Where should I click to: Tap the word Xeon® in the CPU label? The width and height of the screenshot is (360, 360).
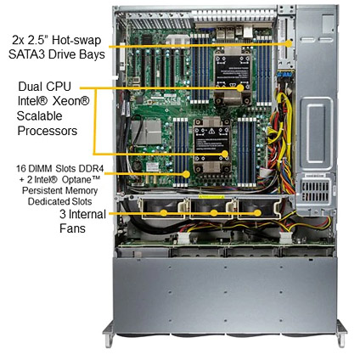coord(70,101)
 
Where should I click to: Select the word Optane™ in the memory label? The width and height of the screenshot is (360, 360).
coord(82,180)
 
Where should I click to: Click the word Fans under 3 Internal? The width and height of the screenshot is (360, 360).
coord(72,228)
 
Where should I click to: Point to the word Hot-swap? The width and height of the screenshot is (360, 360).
coord(76,40)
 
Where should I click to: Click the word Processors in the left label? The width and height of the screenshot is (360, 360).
coord(48,131)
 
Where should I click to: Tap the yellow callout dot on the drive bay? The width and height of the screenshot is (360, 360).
coord(289,43)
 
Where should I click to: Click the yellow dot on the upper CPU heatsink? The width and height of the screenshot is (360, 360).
coord(240,88)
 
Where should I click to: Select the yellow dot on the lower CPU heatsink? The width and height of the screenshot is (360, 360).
coord(225,154)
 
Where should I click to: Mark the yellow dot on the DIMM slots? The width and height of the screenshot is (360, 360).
coord(186,174)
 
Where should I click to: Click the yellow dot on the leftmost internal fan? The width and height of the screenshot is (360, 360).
coord(164,213)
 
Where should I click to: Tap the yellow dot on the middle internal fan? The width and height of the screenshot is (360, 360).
coord(214,213)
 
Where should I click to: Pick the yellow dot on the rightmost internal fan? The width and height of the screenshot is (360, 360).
coord(257,213)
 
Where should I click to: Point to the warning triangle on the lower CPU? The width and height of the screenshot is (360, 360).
coord(211,131)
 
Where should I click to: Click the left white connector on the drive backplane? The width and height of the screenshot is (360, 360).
coord(183,239)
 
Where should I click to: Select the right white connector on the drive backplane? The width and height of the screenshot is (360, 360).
coord(285,238)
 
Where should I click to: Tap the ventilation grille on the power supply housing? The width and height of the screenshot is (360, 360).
coord(315,190)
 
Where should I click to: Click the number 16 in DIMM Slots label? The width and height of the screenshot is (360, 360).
coord(21,169)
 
